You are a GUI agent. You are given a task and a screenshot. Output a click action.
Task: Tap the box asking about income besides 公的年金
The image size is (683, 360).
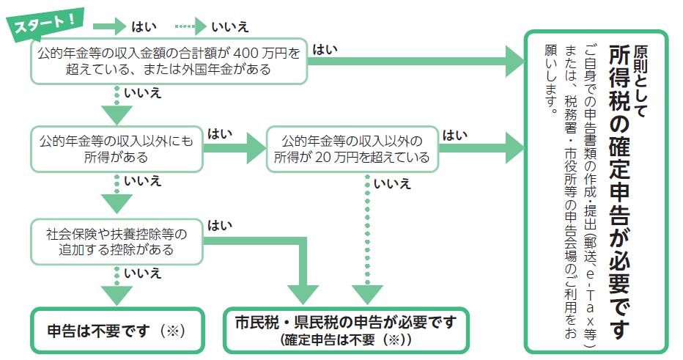(x=116, y=149)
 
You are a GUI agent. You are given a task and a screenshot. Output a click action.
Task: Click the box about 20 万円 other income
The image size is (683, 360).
(x=352, y=149)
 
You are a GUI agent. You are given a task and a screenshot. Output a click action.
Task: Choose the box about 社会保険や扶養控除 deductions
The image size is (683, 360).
(x=116, y=242)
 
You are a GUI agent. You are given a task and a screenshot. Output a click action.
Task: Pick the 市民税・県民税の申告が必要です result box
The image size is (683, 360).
(x=345, y=330)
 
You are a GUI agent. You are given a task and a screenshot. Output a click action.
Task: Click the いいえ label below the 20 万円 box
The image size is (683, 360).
(x=392, y=183)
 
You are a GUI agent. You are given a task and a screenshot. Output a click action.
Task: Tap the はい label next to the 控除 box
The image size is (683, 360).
(x=218, y=225)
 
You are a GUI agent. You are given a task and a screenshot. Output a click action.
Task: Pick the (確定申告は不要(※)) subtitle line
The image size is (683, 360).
(x=345, y=341)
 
